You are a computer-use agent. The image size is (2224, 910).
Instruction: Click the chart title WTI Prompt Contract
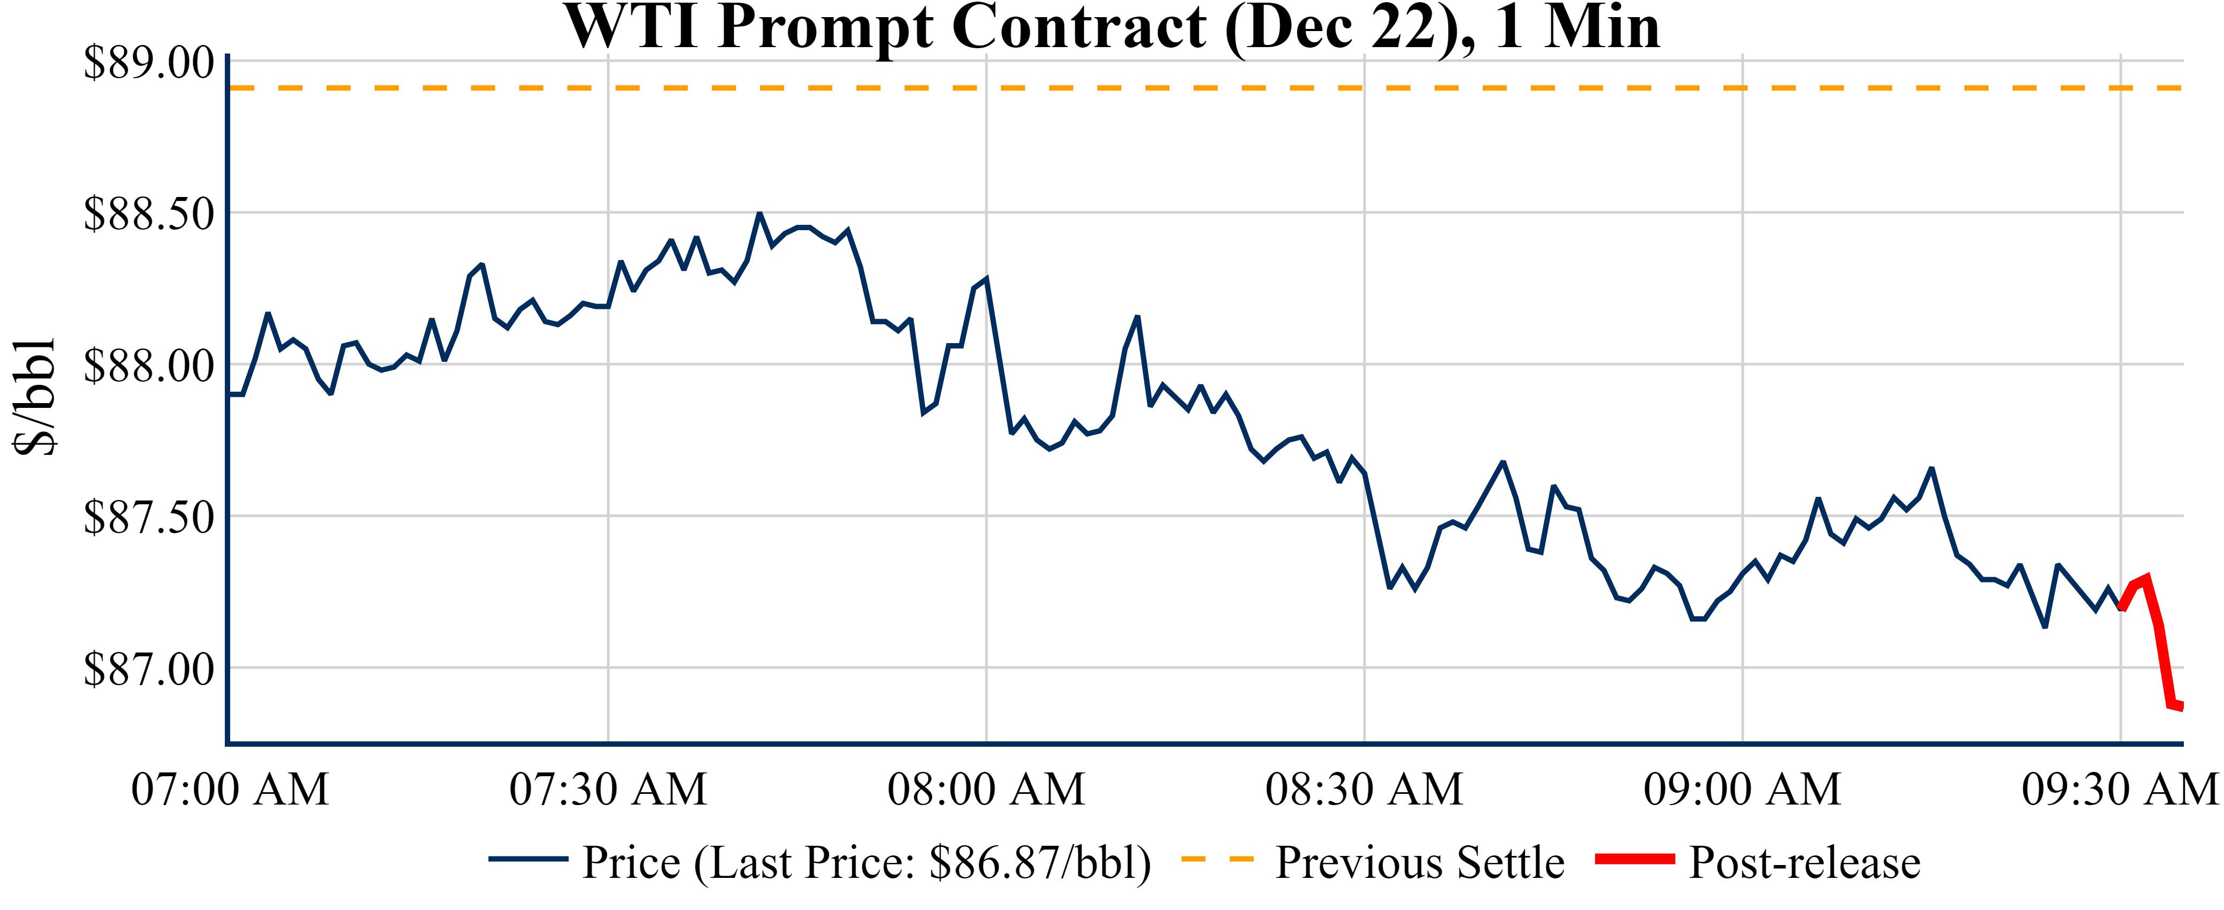coord(1112,28)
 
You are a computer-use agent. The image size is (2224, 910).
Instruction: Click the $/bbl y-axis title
coord(35,397)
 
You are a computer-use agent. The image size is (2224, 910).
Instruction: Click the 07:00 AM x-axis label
coord(230,789)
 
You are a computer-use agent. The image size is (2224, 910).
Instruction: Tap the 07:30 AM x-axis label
coord(608,789)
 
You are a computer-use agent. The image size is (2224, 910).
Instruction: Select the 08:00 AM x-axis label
coord(986,789)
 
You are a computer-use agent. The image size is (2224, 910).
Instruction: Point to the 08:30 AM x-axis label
coord(1364,789)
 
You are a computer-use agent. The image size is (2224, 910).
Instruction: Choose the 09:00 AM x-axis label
coord(1742,789)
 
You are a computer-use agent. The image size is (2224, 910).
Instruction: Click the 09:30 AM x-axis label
coord(2120,789)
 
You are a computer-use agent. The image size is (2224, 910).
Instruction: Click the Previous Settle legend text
coord(1420,862)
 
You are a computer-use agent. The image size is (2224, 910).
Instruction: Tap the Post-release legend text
coord(1804,862)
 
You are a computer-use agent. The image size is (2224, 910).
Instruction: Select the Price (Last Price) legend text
coord(867,862)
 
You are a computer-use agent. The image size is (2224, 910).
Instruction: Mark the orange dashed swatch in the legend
coord(1217,859)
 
